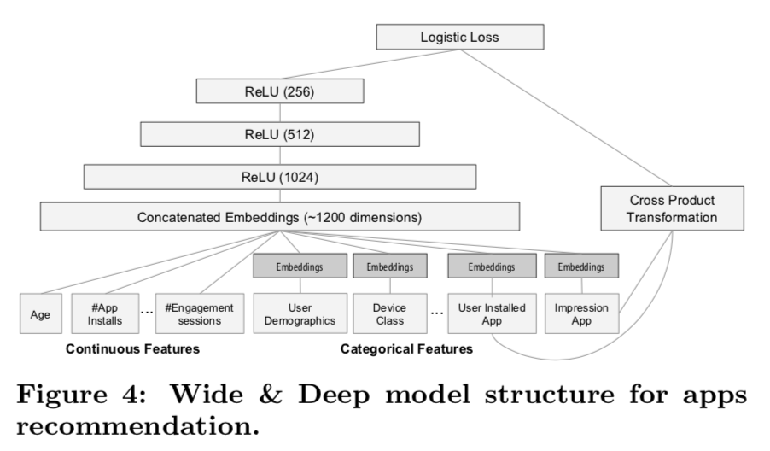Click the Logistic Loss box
point(460,38)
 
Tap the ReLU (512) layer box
point(279,133)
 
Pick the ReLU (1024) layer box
point(279,176)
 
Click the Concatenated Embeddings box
point(279,216)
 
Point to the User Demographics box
point(299,314)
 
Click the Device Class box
point(389,314)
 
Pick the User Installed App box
point(491,314)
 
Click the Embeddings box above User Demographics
point(299,266)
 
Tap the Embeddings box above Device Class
point(389,266)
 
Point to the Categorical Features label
point(406,350)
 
